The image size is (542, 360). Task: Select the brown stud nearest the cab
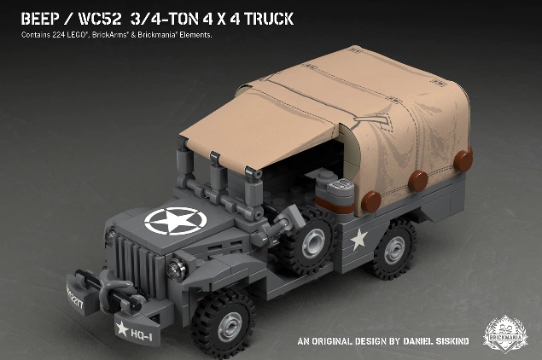[374, 201]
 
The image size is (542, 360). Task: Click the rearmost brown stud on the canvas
[463, 160]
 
